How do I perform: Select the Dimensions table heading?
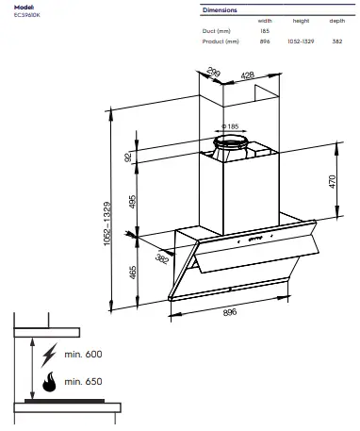[x=220, y=9]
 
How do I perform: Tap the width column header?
[x=265, y=21]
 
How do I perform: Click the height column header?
[x=301, y=21]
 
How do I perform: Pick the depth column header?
[x=336, y=21]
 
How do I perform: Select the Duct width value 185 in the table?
[x=265, y=31]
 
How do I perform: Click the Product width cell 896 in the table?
[x=265, y=41]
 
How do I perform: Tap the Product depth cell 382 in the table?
[x=336, y=41]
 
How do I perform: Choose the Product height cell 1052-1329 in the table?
[x=301, y=41]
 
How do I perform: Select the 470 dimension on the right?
[x=333, y=182]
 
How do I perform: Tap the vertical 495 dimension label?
[x=132, y=202]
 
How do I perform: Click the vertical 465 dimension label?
[x=132, y=274]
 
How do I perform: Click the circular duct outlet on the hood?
[x=231, y=143]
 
